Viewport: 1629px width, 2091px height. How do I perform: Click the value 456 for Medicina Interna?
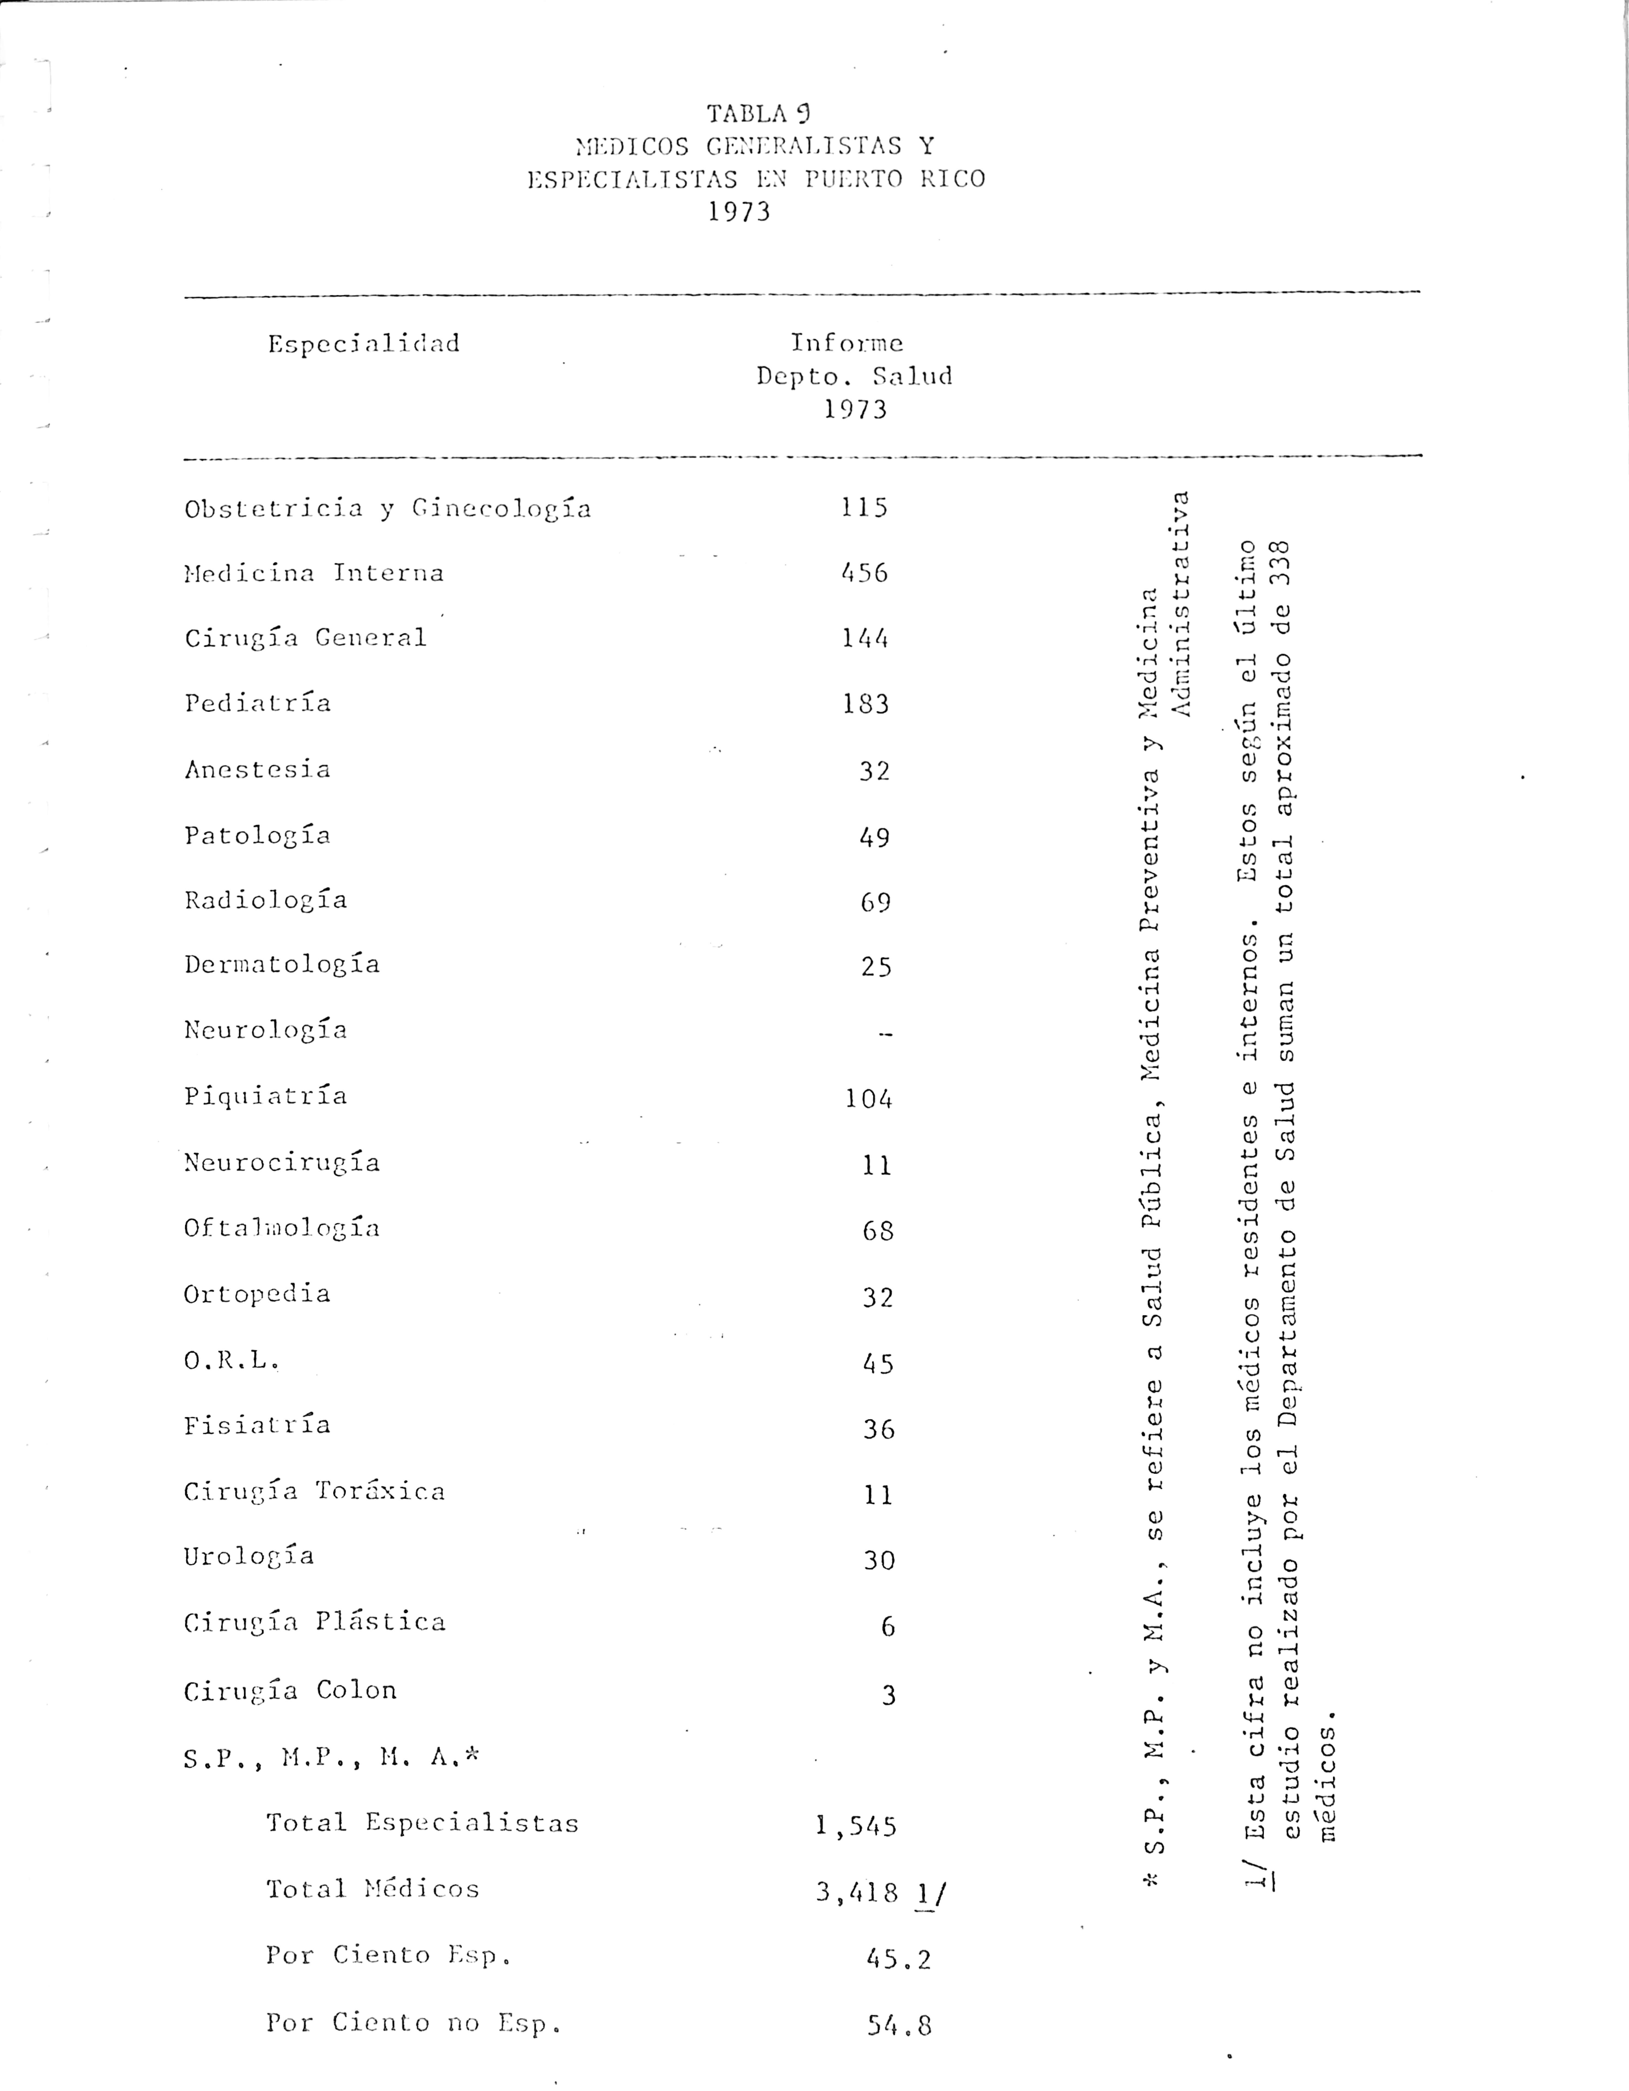[865, 574]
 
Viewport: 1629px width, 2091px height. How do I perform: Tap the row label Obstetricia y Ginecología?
[388, 508]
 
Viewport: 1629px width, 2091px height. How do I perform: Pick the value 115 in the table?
[865, 507]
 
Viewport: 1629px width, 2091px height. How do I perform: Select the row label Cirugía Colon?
[290, 1691]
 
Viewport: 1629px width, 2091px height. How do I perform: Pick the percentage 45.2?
[898, 1959]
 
